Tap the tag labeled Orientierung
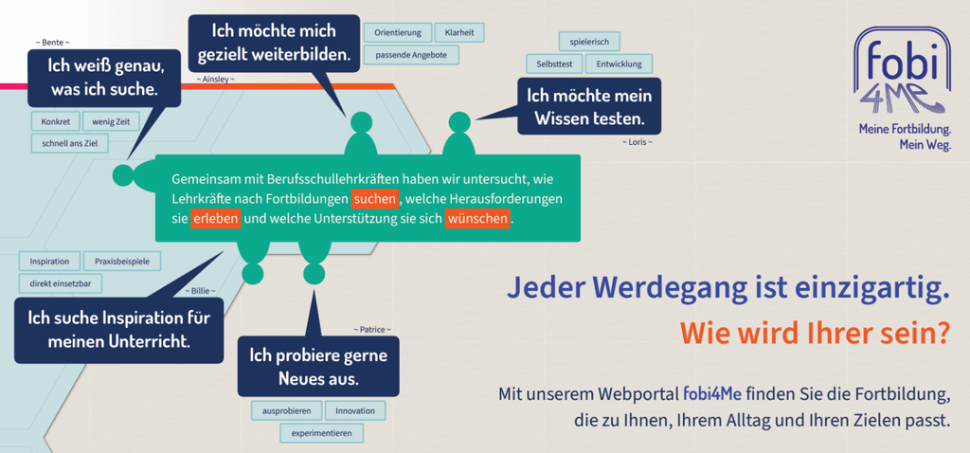click(397, 33)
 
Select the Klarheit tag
click(459, 33)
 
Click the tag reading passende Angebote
click(411, 55)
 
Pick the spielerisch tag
click(589, 42)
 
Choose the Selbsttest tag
click(553, 63)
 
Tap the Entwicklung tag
click(619, 63)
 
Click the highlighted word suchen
click(375, 199)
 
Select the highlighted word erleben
click(215, 219)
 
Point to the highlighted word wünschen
click(477, 219)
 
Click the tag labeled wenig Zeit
click(112, 122)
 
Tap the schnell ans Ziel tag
click(70, 143)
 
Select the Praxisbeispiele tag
click(122, 262)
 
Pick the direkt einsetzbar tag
click(61, 283)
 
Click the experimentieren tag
click(322, 433)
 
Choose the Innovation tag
click(355, 411)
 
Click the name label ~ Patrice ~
click(372, 330)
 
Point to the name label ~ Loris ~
click(638, 142)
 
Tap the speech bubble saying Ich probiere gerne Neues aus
click(318, 366)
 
